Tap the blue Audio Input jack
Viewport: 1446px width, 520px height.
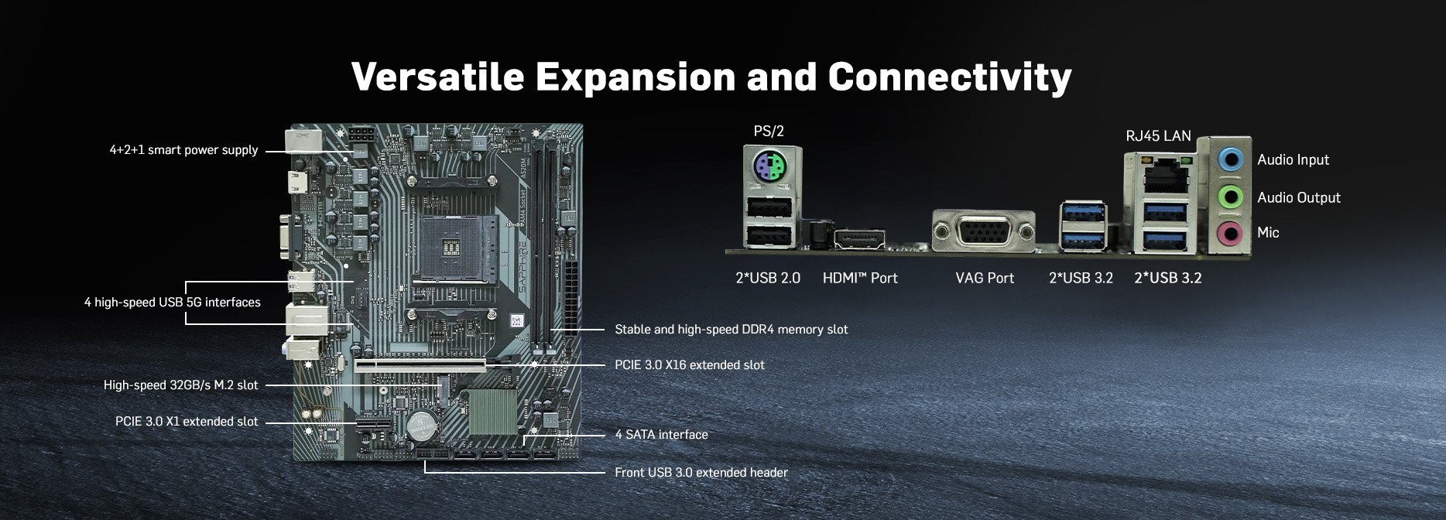tap(1229, 160)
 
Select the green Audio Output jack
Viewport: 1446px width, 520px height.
tap(1229, 197)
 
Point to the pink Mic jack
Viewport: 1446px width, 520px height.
tap(1229, 232)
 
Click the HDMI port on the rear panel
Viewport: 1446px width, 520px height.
tap(859, 240)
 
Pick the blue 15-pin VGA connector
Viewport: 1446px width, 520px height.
tap(983, 231)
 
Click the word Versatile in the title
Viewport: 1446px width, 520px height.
tap(437, 77)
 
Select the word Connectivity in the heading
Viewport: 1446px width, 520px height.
tap(950, 77)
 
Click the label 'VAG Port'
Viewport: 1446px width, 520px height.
tap(985, 279)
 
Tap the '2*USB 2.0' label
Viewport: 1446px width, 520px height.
tap(768, 279)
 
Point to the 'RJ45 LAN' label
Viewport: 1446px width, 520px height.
tap(1158, 136)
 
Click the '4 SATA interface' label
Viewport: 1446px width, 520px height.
tap(661, 435)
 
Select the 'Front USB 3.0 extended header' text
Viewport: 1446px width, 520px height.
tap(701, 473)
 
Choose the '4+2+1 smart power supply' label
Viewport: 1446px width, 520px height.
tap(183, 150)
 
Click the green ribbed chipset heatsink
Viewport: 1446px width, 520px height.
tap(492, 411)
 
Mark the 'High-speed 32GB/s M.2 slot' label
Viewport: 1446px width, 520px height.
tap(180, 385)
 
